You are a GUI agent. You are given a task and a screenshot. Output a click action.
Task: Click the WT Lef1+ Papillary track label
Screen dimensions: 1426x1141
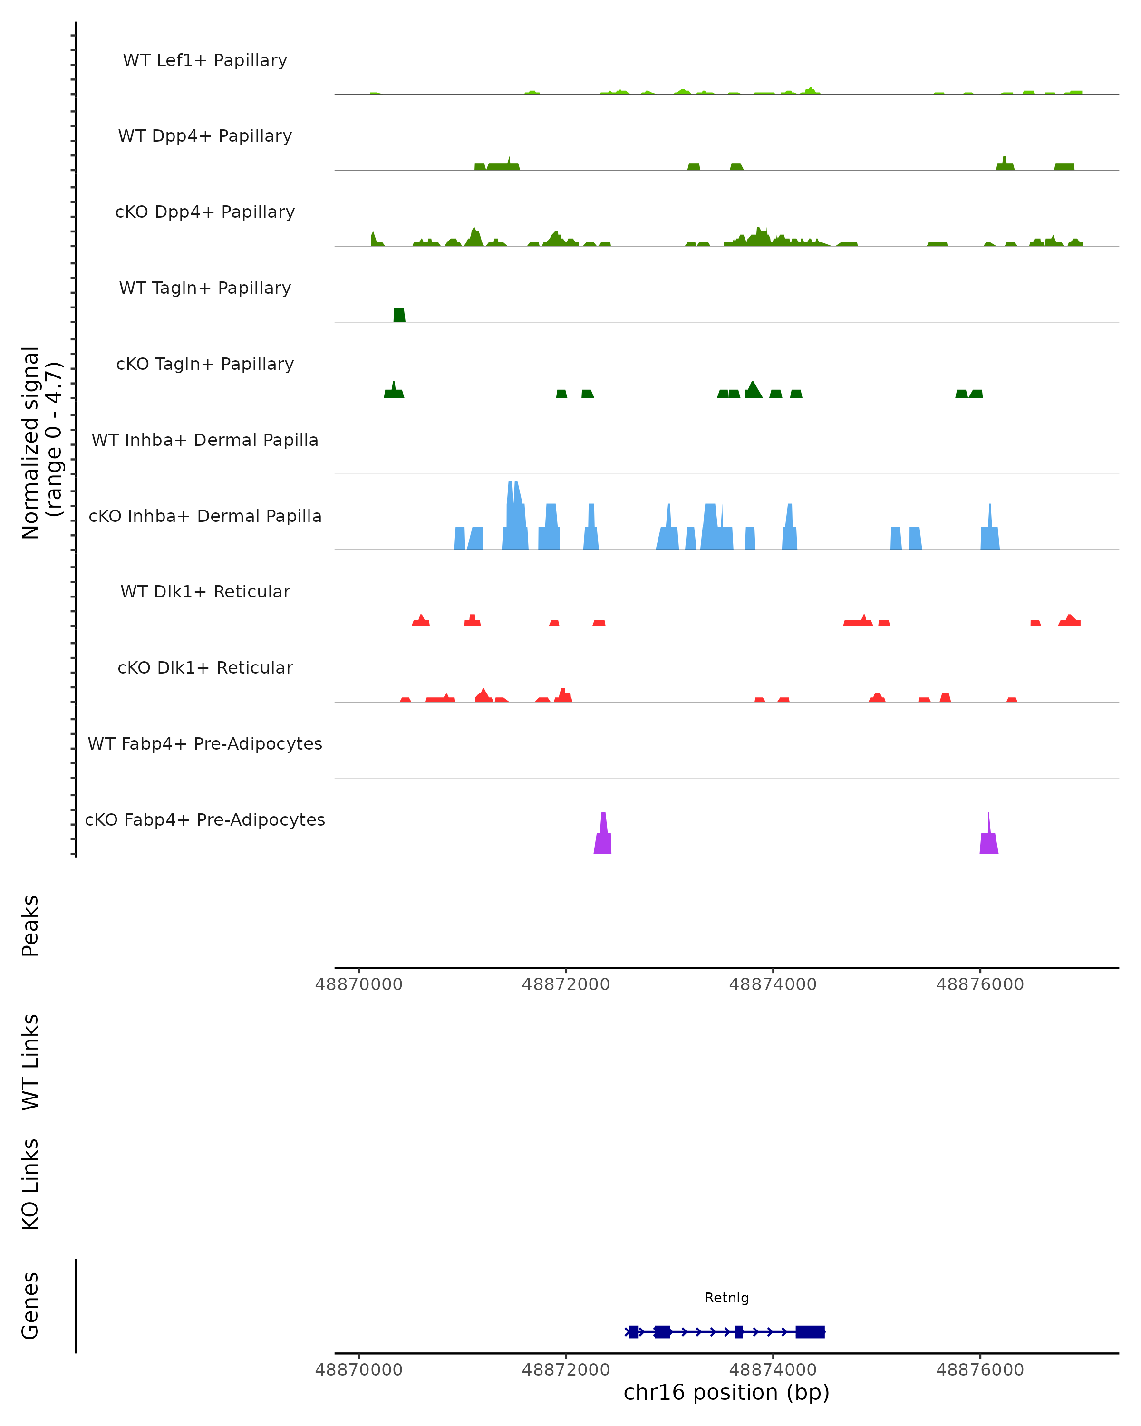tap(205, 60)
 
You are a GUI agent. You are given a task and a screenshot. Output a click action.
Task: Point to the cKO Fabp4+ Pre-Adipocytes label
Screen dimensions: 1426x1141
tap(205, 819)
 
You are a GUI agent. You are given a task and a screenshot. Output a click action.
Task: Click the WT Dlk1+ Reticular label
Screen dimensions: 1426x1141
tap(205, 591)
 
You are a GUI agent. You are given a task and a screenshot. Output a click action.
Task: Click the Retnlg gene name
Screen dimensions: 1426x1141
tap(726, 1298)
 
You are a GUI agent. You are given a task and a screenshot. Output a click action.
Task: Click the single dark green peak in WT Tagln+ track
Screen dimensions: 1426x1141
tap(399, 316)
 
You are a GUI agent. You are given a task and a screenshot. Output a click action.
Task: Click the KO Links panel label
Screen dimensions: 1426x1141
tap(30, 1184)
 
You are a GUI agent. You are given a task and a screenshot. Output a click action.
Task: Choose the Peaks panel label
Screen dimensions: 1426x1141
tap(30, 925)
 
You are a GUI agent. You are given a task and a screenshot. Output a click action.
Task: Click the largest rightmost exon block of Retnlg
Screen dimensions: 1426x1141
tap(810, 1331)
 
